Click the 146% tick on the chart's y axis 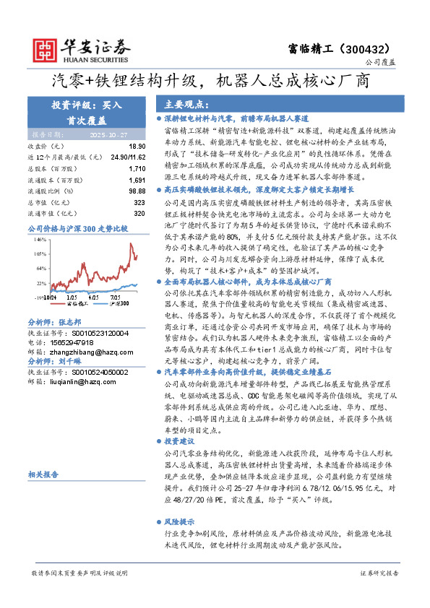click(x=40, y=238)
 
